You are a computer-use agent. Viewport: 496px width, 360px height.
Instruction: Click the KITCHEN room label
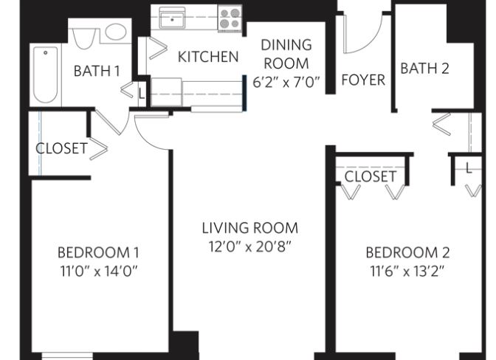click(x=208, y=57)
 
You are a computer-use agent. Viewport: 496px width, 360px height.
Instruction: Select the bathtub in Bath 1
click(x=46, y=75)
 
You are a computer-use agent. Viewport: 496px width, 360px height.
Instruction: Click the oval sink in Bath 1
click(x=116, y=32)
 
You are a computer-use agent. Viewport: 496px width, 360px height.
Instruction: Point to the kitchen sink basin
click(x=172, y=18)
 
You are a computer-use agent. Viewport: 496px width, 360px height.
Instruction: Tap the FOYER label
click(x=363, y=80)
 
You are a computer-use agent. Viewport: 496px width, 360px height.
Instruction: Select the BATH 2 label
click(x=424, y=69)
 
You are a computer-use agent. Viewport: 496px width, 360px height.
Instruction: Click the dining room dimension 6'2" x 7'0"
click(x=286, y=83)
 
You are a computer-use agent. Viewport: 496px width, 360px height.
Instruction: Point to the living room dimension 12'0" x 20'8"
click(x=249, y=246)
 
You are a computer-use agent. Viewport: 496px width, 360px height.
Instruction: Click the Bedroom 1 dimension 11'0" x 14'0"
click(x=99, y=271)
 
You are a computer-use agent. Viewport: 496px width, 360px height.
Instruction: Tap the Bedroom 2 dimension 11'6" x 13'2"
click(x=407, y=271)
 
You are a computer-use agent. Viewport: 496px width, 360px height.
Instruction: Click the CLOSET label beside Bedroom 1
click(x=61, y=148)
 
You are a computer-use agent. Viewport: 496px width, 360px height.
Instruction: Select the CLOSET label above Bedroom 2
click(x=370, y=176)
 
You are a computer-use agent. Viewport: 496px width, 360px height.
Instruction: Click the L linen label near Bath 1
click(x=142, y=94)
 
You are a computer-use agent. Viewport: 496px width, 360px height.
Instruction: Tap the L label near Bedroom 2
click(x=469, y=168)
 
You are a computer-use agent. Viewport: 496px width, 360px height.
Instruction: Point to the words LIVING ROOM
click(x=250, y=228)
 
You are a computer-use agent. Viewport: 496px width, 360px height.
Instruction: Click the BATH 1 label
click(x=97, y=71)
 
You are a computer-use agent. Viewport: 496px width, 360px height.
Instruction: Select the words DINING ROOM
click(x=286, y=55)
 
